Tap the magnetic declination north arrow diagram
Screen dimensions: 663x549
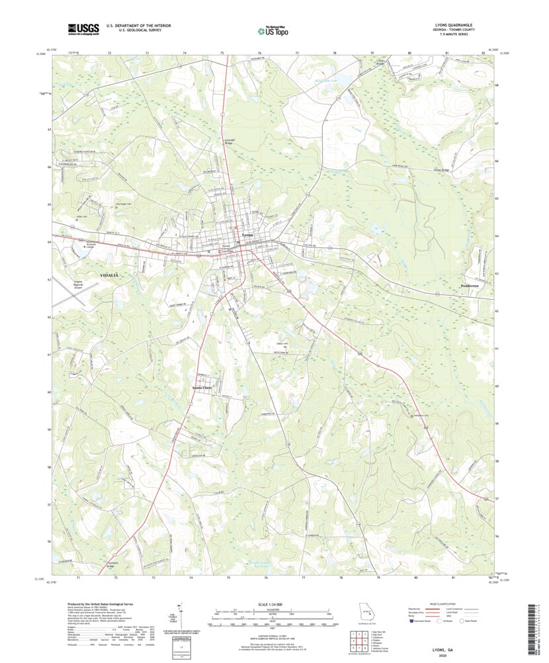coord(180,615)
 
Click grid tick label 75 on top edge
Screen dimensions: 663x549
coord(222,52)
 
